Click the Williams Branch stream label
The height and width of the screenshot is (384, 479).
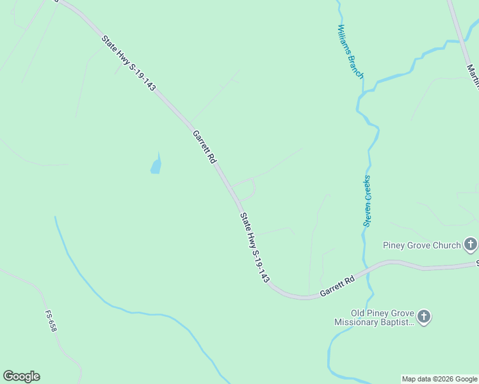(350, 51)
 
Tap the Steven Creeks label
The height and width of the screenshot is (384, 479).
(368, 200)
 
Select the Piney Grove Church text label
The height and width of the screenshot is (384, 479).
(421, 245)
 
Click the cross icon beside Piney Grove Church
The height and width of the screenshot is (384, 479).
(471, 244)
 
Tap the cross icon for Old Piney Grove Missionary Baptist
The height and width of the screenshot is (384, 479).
(423, 316)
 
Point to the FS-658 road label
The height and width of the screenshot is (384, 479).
(51, 321)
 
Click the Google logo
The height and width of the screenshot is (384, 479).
(21, 376)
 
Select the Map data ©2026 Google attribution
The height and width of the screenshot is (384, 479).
(439, 380)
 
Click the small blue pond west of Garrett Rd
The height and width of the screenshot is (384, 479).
(156, 166)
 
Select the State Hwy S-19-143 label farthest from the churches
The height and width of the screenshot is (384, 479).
(128, 63)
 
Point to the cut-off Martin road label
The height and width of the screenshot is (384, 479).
(472, 76)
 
